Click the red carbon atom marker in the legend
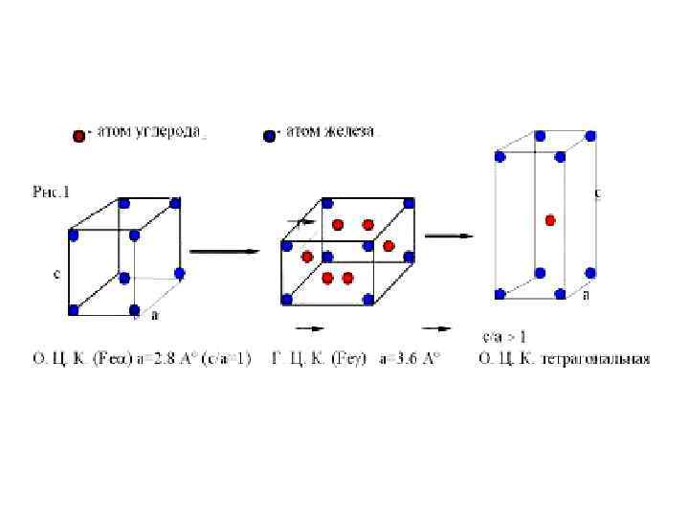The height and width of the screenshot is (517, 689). point(79,136)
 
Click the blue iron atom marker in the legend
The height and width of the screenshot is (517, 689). point(269,136)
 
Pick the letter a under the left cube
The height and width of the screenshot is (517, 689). point(154,314)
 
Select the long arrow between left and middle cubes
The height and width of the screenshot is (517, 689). point(225,252)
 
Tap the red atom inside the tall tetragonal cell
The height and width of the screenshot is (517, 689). point(550,220)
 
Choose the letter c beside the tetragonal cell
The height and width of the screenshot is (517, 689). point(598,192)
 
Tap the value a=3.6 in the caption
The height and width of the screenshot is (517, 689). point(397,359)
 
